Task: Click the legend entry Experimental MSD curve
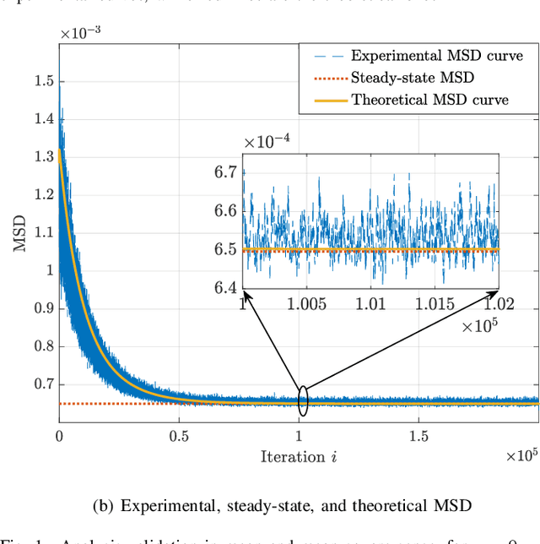tap(436, 57)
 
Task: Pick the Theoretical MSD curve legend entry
tap(429, 100)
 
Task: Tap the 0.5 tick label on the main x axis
tap(178, 436)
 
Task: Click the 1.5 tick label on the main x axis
tap(418, 436)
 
